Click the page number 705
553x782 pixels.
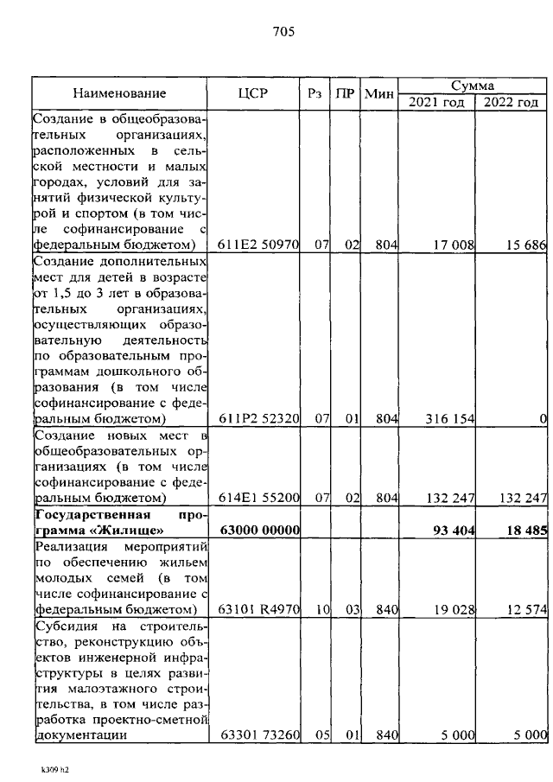click(283, 32)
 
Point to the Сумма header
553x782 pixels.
click(473, 86)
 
